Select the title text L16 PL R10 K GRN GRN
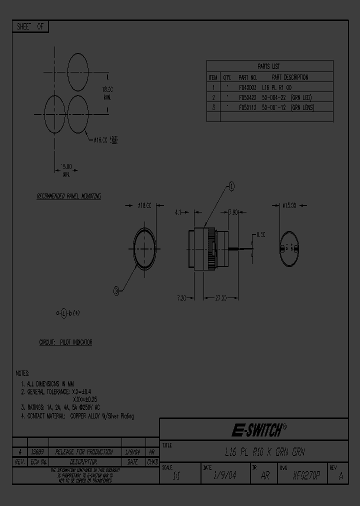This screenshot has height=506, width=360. pos(264,452)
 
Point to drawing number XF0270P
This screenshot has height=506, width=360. pos(306,475)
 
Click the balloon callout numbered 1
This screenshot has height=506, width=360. pos(231,186)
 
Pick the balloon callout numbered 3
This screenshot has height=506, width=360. pos(116,290)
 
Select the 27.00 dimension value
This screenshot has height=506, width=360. pos(220,298)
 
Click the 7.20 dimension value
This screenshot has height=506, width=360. pos(181,298)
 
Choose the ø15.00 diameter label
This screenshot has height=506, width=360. pos(289,205)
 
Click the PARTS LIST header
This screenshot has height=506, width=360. pos(268,66)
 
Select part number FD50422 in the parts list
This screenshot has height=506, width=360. pos(247,97)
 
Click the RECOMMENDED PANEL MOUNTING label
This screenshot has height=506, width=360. pos(69,196)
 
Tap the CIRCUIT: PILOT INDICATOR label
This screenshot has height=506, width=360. pos(65,342)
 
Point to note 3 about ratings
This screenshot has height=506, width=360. pos(60,407)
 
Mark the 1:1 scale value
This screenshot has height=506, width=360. pos(176,476)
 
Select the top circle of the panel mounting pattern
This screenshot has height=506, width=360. pos(77,70)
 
